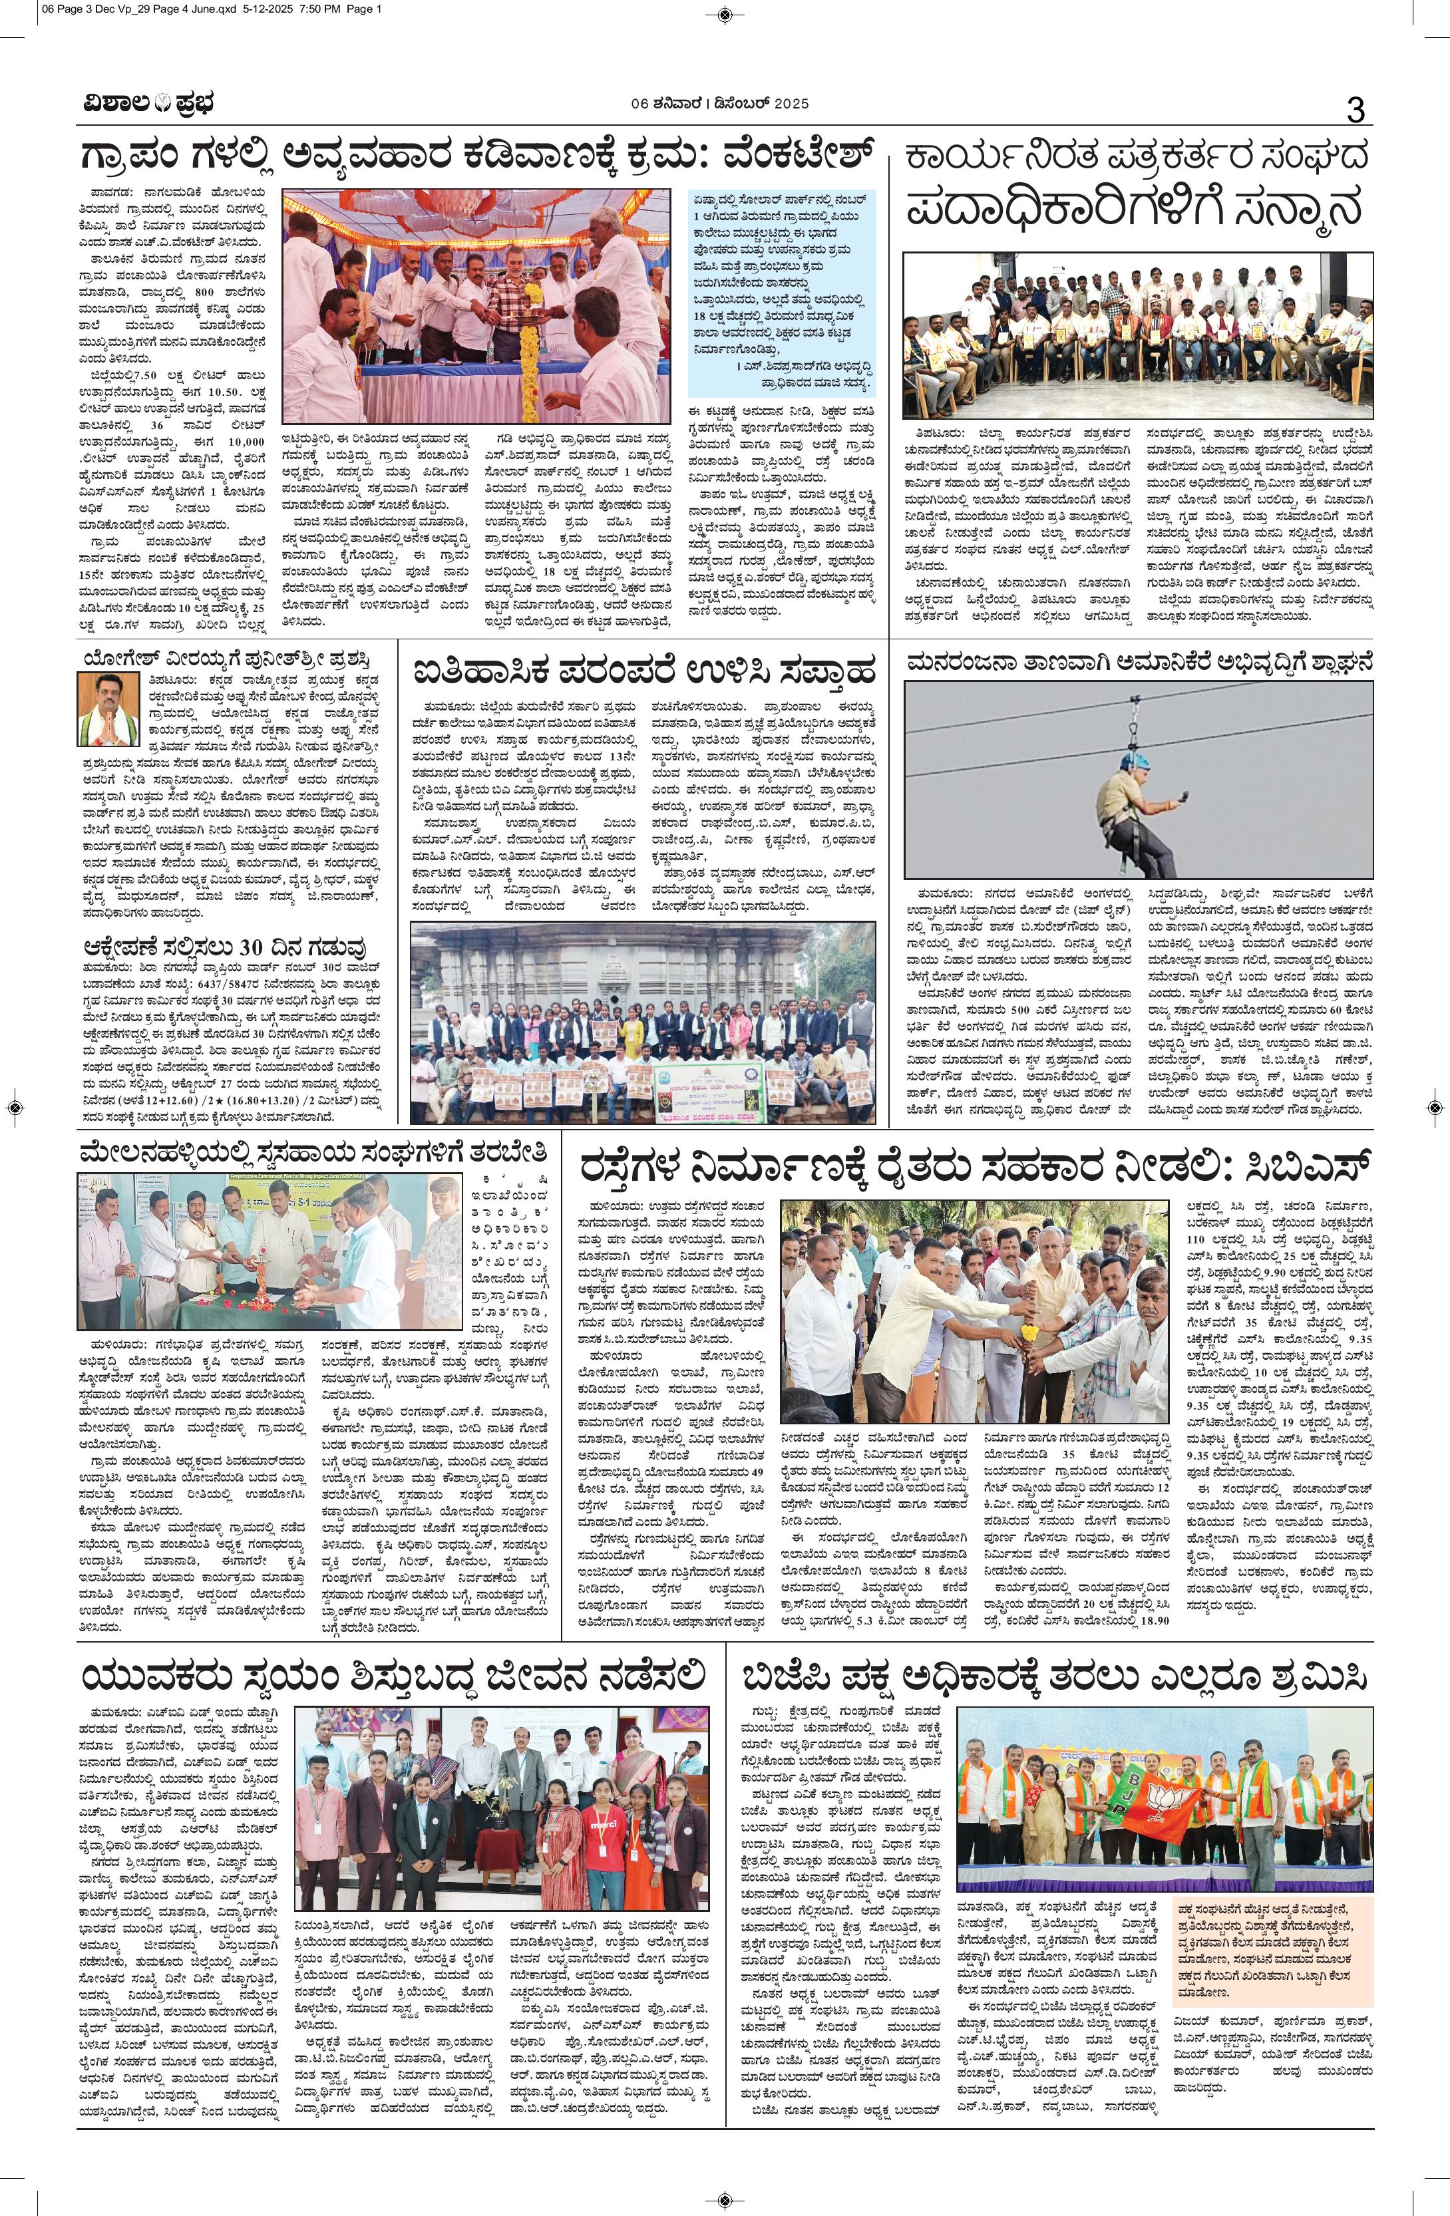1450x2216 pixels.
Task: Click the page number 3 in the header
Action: (1354, 111)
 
